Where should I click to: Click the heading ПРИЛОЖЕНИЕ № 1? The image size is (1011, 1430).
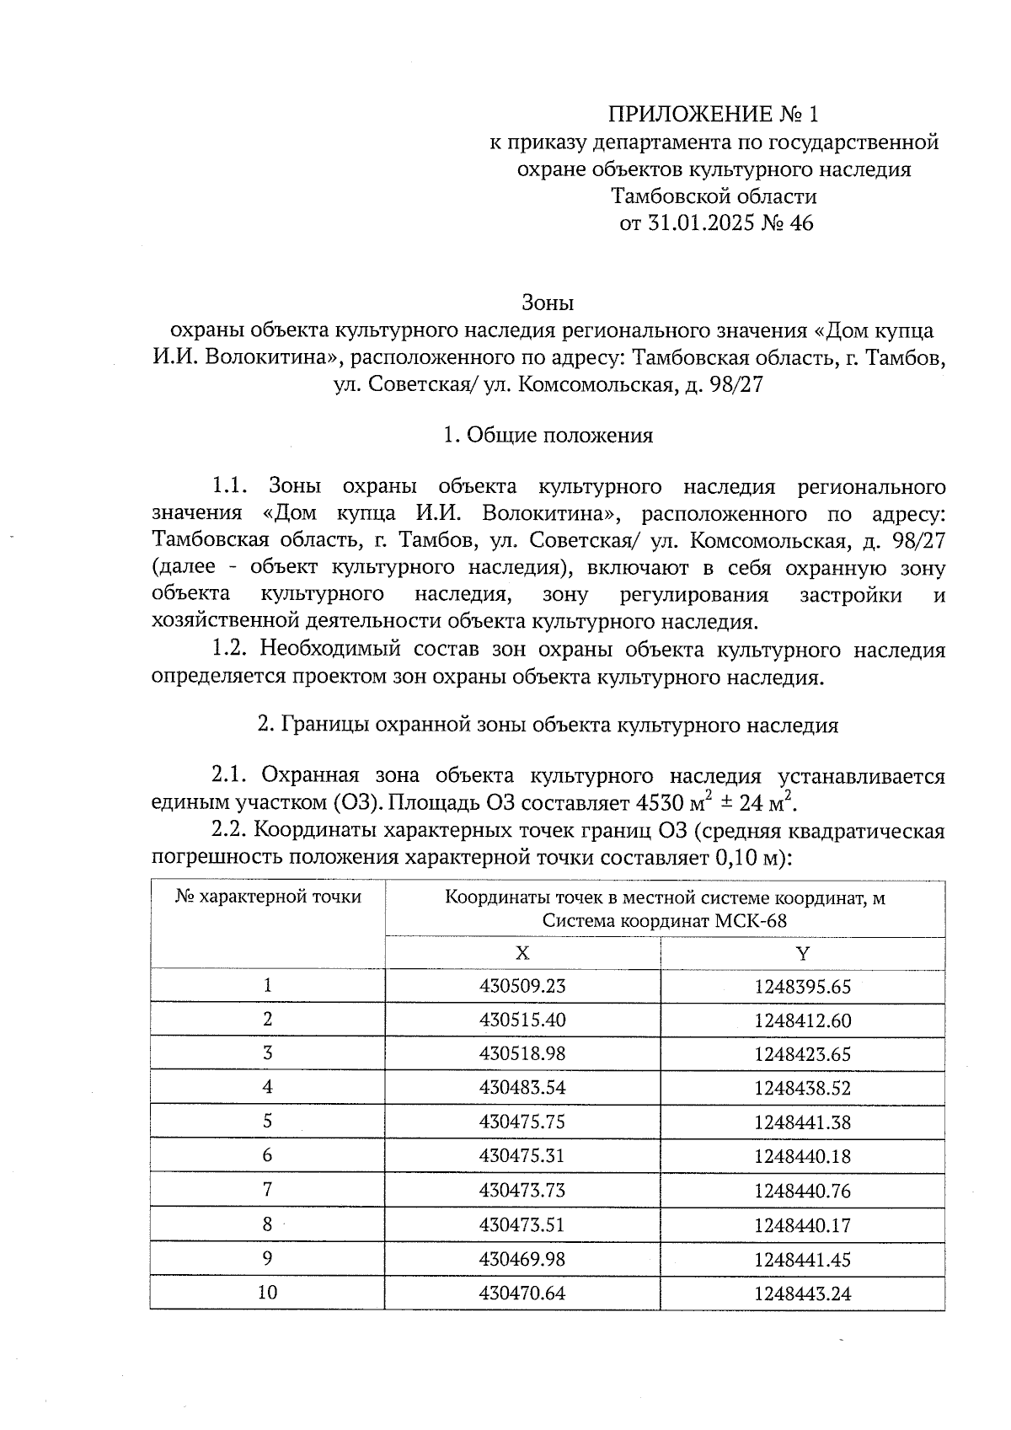714,114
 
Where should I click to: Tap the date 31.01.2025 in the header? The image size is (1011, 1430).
693,224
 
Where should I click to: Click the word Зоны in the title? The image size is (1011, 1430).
548,302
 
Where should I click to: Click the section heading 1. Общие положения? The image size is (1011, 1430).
548,436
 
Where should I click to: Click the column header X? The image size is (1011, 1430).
522,953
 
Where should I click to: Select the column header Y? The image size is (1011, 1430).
802,953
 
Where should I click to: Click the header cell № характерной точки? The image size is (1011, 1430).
268,897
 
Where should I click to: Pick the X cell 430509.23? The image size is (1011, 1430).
522,986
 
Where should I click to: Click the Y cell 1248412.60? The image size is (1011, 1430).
802,1020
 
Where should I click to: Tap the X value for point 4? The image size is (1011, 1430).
522,1088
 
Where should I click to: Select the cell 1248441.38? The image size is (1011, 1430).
802,1122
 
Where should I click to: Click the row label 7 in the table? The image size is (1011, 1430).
267,1190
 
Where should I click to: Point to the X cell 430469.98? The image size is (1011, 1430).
522,1259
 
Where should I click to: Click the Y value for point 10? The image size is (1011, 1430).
802,1293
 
